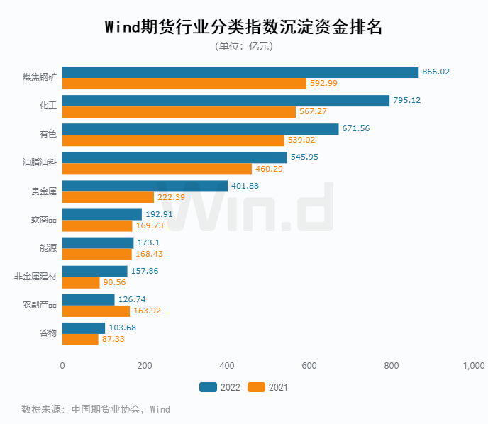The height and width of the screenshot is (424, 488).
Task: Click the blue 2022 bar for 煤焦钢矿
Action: (x=240, y=72)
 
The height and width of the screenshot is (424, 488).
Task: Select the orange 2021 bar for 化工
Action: (x=179, y=112)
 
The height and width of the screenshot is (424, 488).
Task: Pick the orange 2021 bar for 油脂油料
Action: (x=157, y=169)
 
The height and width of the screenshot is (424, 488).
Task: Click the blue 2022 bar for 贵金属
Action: (x=145, y=186)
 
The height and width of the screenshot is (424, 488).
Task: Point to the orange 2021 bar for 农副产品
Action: (x=96, y=311)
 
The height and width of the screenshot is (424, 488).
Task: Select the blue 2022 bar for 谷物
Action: (x=84, y=328)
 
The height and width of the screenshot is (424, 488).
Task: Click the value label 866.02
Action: (x=436, y=72)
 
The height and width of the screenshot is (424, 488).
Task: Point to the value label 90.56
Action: (x=115, y=282)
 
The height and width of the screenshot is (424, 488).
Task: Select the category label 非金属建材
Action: (x=35, y=277)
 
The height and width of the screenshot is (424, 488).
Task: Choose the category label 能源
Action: (x=48, y=248)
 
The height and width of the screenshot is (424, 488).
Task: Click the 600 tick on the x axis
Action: (x=309, y=365)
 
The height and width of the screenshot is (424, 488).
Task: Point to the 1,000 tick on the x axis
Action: (x=473, y=365)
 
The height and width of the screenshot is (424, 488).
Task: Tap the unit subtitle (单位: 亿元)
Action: (x=243, y=46)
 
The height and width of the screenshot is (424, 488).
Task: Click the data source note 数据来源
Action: (x=96, y=409)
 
